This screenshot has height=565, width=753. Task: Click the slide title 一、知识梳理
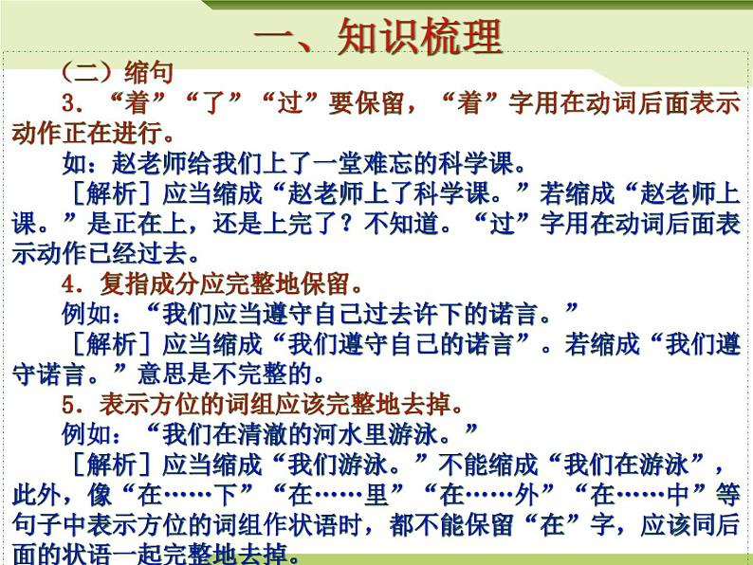pos(377,39)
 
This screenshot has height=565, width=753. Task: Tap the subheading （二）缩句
pos(116,72)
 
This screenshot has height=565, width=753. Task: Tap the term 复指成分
pos(142,283)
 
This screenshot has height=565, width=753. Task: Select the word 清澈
pos(277,436)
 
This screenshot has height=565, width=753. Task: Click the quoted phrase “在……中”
pos(645,496)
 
